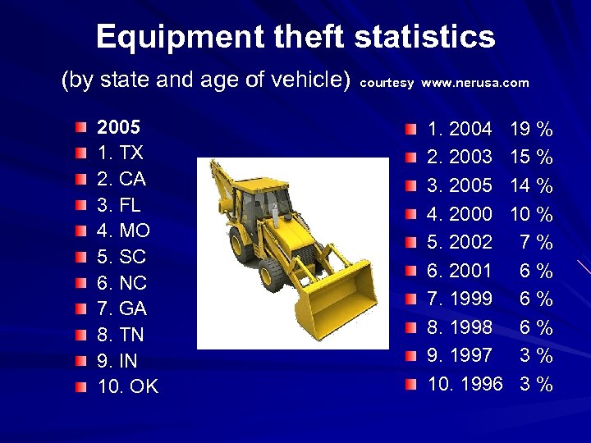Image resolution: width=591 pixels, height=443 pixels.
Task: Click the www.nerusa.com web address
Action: tap(475, 83)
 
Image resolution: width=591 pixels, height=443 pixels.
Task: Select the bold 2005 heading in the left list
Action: tap(118, 128)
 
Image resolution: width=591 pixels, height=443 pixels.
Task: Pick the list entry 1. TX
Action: tap(120, 153)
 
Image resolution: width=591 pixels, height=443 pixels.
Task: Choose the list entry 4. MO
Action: tap(123, 231)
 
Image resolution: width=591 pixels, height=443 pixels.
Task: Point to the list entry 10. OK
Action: tap(127, 387)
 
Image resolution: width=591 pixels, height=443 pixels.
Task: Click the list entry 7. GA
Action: tap(121, 309)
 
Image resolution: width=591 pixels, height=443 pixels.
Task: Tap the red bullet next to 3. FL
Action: tap(78, 206)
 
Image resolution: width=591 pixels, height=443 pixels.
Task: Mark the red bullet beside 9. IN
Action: tap(78, 362)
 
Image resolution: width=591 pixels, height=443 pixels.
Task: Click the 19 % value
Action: tap(531, 129)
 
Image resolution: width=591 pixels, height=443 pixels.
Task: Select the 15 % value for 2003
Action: tap(531, 157)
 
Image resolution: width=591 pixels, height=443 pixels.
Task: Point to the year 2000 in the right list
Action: tap(471, 214)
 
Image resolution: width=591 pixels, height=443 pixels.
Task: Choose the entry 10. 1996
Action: tap(465, 384)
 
